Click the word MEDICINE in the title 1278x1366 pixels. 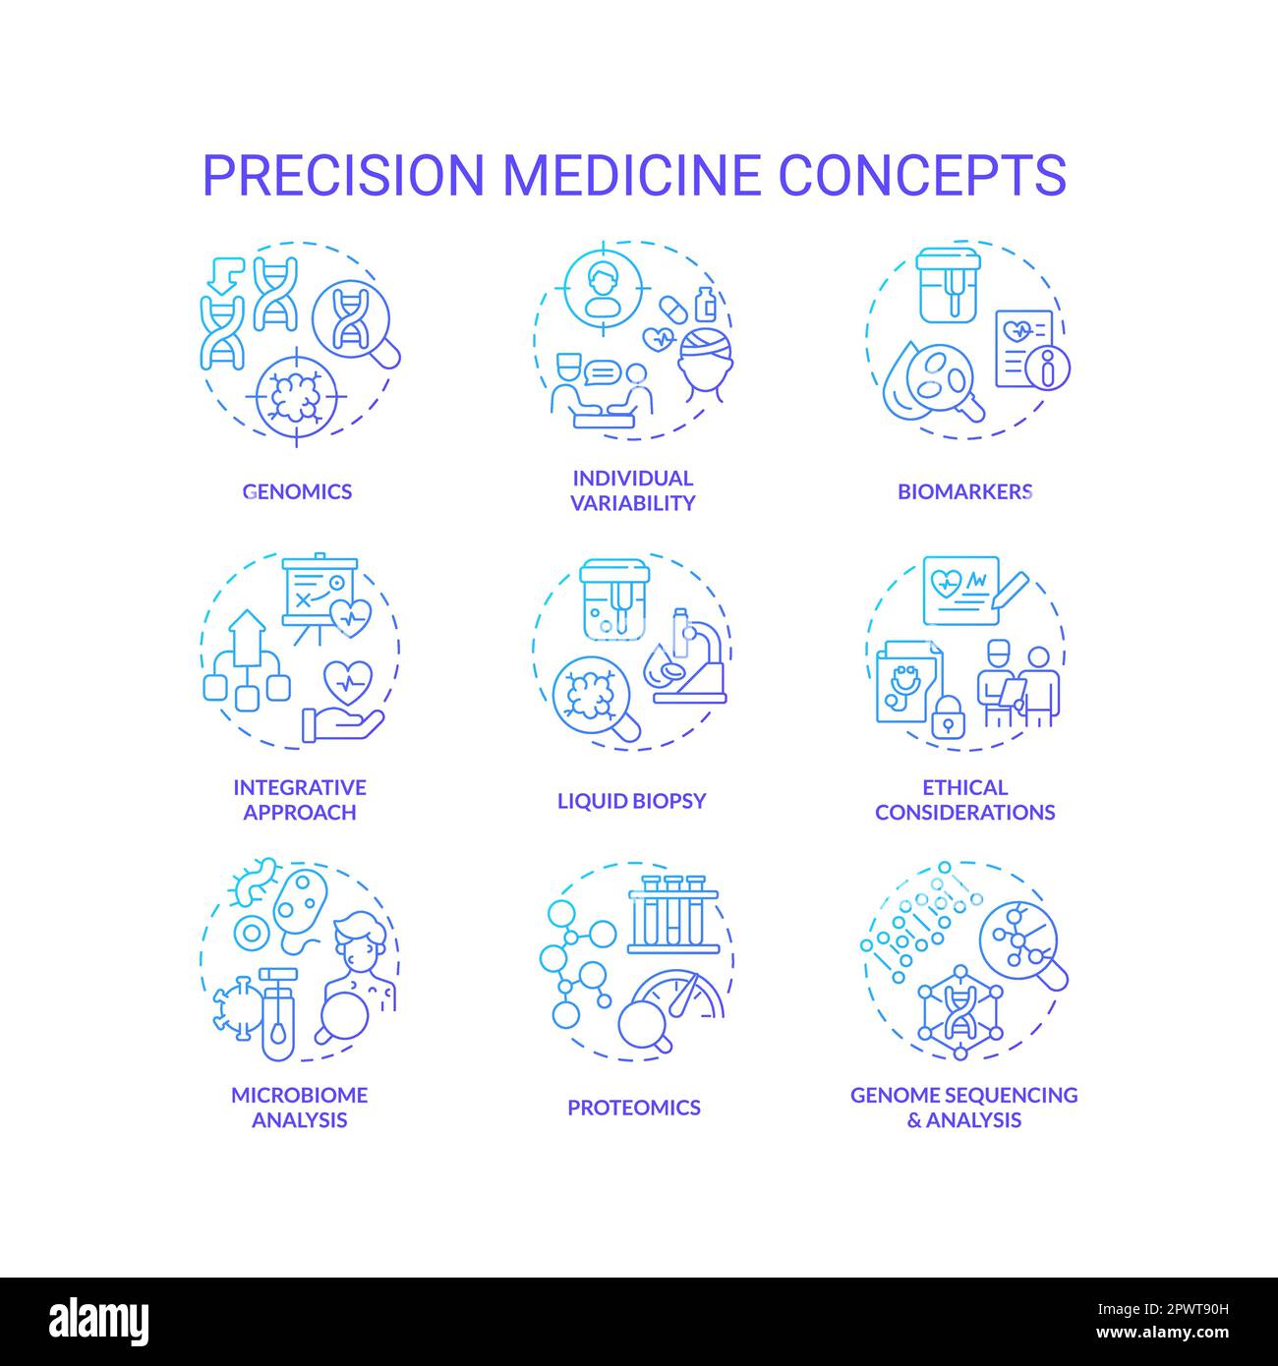pos(632,175)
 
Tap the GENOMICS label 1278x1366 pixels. pos(297,491)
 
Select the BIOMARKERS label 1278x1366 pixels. pos(964,491)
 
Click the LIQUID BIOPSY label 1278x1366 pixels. pos(632,801)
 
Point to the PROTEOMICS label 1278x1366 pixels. pos(634,1108)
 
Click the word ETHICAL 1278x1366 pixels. pos(964,787)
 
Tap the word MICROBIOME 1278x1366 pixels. pos(300,1095)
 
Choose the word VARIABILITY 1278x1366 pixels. pos(632,503)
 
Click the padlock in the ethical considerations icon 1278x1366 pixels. pos(948,716)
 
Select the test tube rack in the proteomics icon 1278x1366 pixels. pos(673,914)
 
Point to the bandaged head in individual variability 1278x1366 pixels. pos(706,366)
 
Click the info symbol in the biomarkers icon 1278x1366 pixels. pos(1047,368)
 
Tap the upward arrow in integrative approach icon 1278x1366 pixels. pos(247,638)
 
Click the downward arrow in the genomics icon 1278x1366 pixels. pos(224,276)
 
